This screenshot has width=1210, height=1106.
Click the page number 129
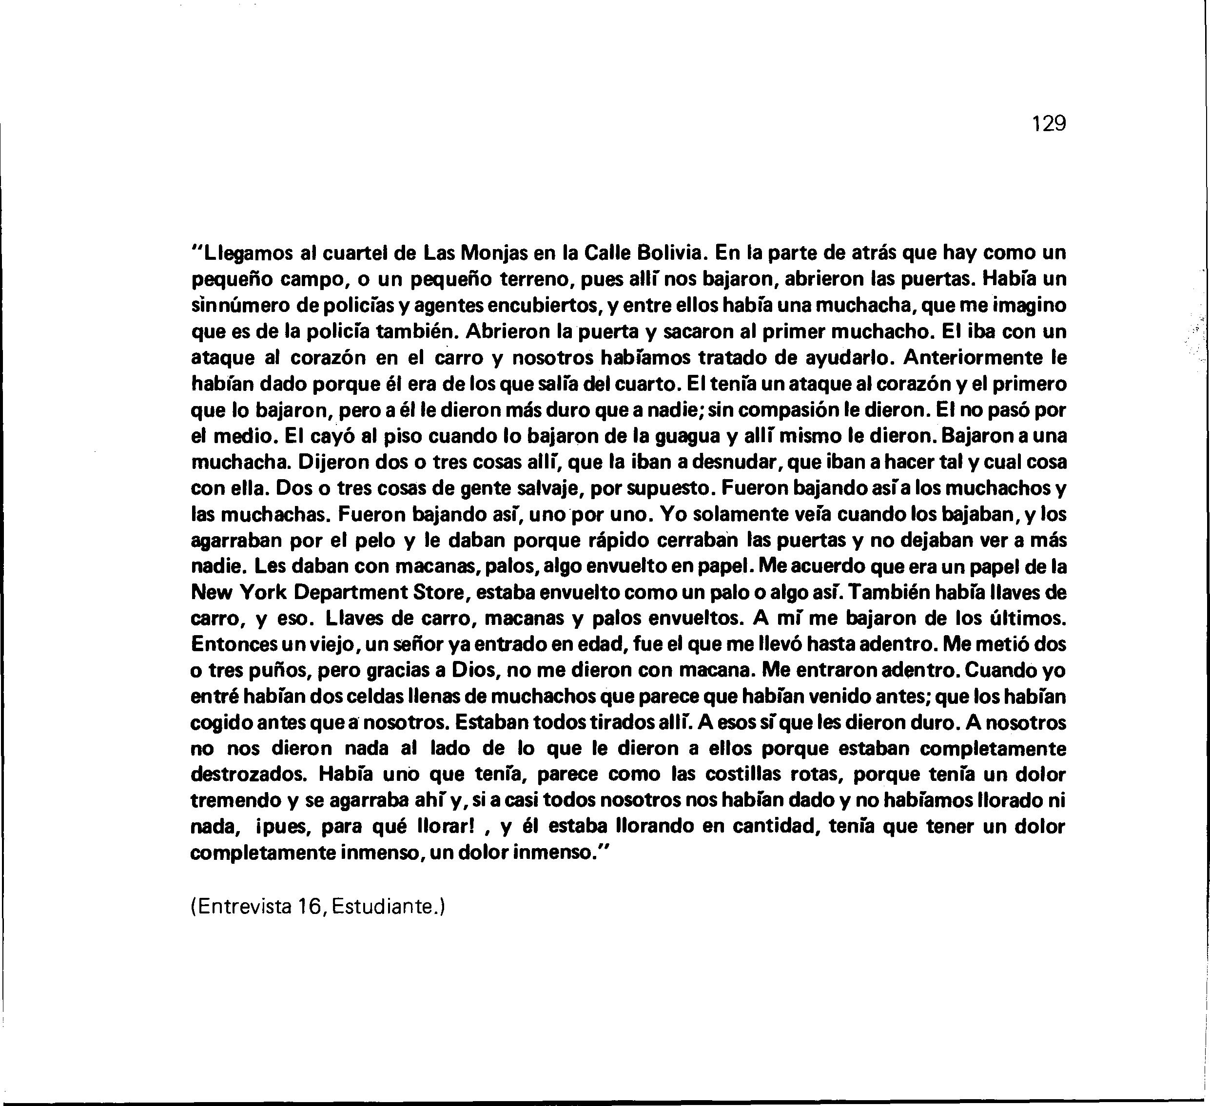click(x=1049, y=124)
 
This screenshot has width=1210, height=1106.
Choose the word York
click(x=263, y=593)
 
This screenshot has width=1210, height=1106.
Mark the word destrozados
click(x=249, y=775)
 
